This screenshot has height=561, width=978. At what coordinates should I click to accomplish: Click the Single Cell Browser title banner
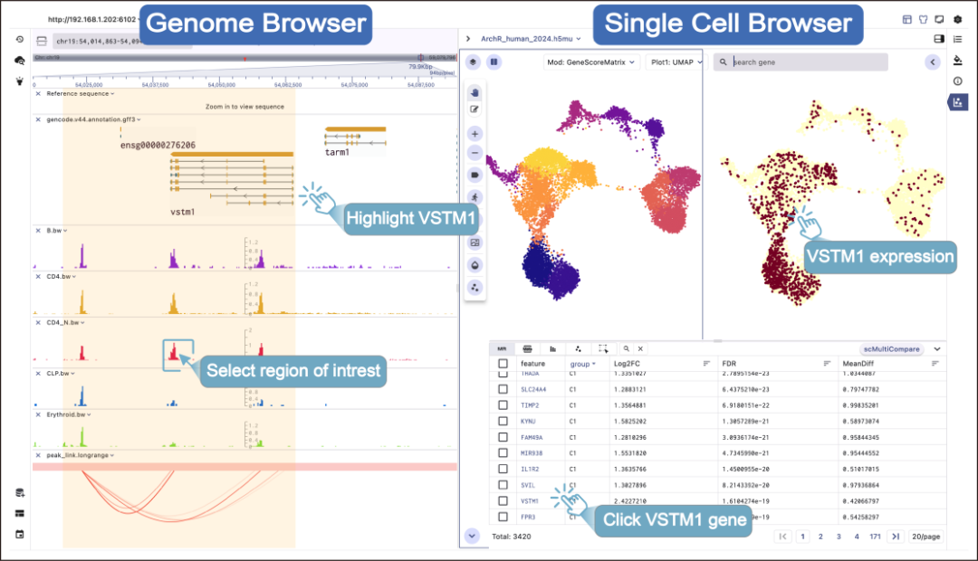(728, 24)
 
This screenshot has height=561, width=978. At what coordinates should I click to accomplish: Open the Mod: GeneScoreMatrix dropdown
(591, 62)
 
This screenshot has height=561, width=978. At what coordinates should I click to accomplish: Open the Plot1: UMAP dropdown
(672, 62)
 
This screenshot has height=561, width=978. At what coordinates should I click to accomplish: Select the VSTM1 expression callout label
(879, 256)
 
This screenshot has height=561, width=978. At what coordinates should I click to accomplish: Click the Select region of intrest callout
(293, 370)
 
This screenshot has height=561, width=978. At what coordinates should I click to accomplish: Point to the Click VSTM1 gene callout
(674, 519)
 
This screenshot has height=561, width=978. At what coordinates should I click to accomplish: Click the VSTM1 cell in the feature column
(530, 500)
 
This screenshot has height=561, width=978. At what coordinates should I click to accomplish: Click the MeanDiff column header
(858, 363)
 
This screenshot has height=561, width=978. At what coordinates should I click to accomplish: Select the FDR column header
(729, 363)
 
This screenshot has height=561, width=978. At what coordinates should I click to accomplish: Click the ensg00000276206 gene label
(158, 145)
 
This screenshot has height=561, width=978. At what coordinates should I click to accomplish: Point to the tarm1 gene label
(338, 153)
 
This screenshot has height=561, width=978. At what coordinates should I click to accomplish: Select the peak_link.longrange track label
(78, 455)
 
